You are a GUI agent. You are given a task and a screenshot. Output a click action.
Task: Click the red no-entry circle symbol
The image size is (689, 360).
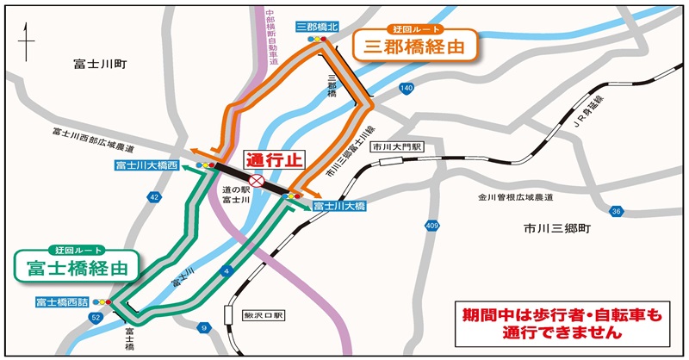point(256,181)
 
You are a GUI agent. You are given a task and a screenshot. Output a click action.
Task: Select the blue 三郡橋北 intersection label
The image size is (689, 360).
point(317,28)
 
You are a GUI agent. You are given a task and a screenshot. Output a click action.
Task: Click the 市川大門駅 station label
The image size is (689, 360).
point(396,148)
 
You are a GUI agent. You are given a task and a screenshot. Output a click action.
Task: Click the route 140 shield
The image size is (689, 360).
point(407,89)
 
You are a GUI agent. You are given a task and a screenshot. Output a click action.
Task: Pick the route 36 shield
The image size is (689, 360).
point(616,211)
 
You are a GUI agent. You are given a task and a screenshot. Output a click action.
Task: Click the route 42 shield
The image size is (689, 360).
point(154,197)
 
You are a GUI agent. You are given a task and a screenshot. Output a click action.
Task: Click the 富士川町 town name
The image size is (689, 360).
point(100,63)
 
